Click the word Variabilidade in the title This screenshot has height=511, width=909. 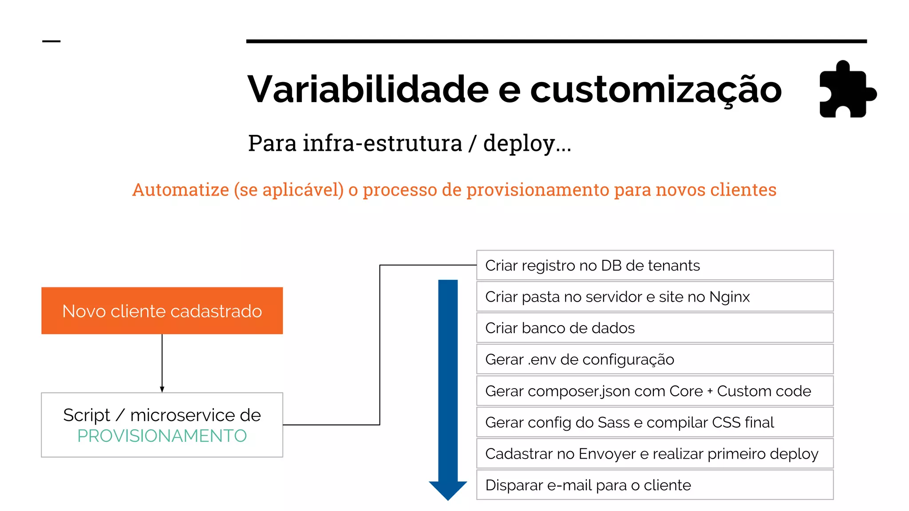tap(368, 89)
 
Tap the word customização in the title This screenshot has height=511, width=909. tap(656, 90)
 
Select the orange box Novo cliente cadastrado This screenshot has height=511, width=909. tap(162, 311)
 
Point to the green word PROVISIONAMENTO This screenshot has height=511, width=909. tap(162, 436)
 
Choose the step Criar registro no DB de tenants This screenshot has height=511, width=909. tap(593, 265)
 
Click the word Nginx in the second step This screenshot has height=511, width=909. tap(730, 297)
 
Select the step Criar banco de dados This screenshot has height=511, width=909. tap(560, 328)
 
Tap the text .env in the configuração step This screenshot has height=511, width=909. tap(542, 360)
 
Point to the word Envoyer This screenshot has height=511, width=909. tap(607, 454)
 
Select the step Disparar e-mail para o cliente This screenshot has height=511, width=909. tap(588, 485)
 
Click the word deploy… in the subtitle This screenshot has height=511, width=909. tap(527, 144)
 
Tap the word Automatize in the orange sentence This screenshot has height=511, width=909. tap(181, 190)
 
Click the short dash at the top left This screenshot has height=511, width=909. tap(51, 41)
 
